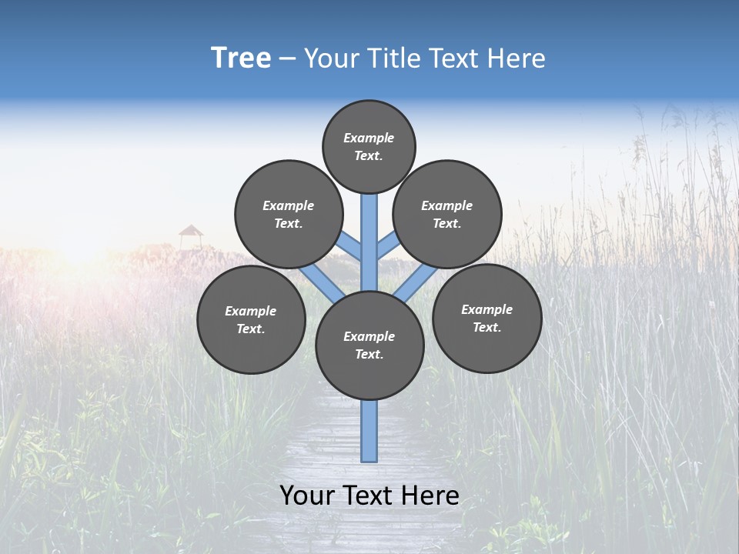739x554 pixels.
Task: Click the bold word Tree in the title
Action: [x=241, y=58]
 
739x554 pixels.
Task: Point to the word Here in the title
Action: [x=519, y=58]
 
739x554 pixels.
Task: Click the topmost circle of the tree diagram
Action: [x=369, y=146]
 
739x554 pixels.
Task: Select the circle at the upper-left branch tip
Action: [x=289, y=214]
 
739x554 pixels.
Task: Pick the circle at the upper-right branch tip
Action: [x=447, y=214]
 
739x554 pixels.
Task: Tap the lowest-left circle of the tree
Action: [x=251, y=319]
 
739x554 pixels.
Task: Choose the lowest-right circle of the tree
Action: [x=487, y=318]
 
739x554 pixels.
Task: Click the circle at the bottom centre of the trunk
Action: [x=369, y=345]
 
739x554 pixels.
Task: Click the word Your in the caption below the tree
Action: [x=306, y=496]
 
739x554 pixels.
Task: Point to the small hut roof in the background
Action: [x=191, y=230]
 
